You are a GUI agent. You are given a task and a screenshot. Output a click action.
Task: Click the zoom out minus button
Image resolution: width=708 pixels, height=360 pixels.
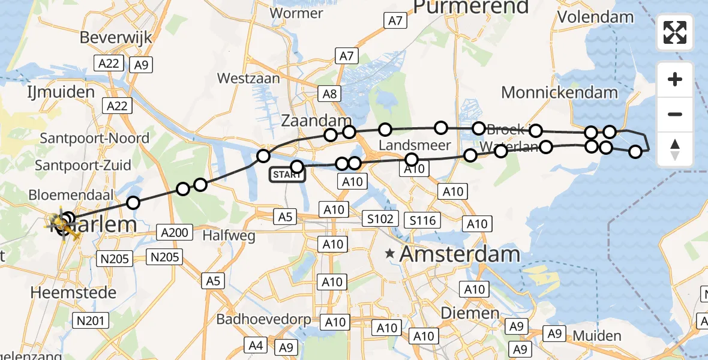(675, 115)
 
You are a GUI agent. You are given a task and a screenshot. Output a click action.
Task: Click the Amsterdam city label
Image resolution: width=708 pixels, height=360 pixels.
(460, 254)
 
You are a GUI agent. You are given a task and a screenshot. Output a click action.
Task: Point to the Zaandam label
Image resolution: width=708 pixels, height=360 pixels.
(316, 121)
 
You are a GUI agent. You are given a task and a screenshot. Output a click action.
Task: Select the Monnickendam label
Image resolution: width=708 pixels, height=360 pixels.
(559, 92)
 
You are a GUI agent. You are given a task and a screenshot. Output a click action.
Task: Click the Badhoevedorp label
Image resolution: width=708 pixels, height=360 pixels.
(264, 319)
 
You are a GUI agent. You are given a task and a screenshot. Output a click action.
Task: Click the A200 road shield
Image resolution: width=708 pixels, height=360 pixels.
(174, 232)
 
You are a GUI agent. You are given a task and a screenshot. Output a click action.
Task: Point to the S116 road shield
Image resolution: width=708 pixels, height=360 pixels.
(422, 220)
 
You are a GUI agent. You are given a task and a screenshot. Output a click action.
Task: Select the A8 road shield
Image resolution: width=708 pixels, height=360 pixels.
(330, 94)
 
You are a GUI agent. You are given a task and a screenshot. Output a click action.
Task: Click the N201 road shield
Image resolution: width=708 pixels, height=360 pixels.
(92, 321)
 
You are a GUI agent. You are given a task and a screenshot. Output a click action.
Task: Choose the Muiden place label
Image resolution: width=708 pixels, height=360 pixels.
(596, 335)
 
